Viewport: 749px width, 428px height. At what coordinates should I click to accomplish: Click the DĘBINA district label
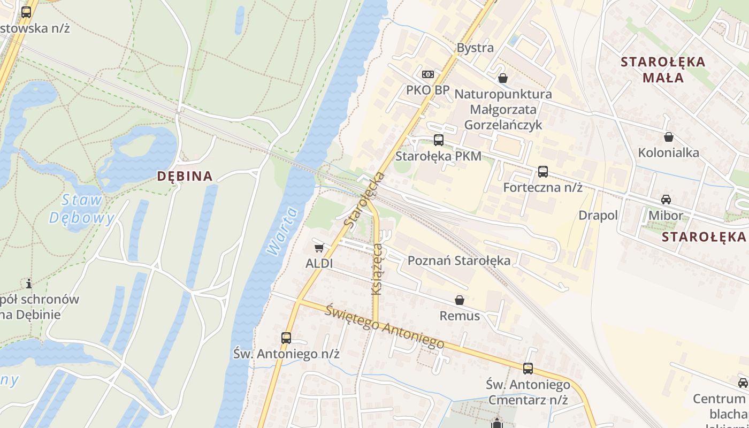click(x=185, y=176)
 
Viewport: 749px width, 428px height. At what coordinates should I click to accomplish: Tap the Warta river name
click(x=281, y=231)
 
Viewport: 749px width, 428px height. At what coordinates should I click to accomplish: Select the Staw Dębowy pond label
click(x=82, y=209)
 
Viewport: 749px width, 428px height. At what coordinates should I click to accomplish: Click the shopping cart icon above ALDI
click(x=319, y=248)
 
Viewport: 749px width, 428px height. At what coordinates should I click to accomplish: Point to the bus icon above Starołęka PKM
click(x=439, y=140)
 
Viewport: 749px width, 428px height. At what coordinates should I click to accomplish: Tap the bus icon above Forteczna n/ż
click(x=543, y=172)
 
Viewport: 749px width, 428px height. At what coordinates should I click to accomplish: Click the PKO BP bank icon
click(x=428, y=74)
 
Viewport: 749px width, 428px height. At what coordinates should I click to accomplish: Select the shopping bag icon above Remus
click(x=460, y=300)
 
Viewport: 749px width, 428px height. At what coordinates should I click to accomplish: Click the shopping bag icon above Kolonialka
click(x=669, y=137)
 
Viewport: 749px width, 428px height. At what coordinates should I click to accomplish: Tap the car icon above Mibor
click(x=666, y=200)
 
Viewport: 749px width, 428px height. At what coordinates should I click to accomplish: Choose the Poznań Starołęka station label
click(x=459, y=261)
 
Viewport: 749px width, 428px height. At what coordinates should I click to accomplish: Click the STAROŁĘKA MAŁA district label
click(x=663, y=70)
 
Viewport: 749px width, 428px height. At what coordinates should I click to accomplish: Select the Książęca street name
click(x=377, y=269)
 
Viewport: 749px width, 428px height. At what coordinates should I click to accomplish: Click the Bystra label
click(x=475, y=48)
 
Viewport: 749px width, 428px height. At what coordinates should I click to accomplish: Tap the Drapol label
click(x=598, y=215)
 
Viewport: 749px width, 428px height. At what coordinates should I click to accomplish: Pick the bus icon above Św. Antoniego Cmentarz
click(x=528, y=369)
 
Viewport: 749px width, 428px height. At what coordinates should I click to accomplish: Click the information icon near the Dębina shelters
click(x=29, y=283)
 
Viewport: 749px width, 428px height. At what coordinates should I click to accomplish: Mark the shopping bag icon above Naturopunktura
click(x=503, y=79)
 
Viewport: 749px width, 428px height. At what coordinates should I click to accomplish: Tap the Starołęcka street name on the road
click(x=365, y=200)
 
